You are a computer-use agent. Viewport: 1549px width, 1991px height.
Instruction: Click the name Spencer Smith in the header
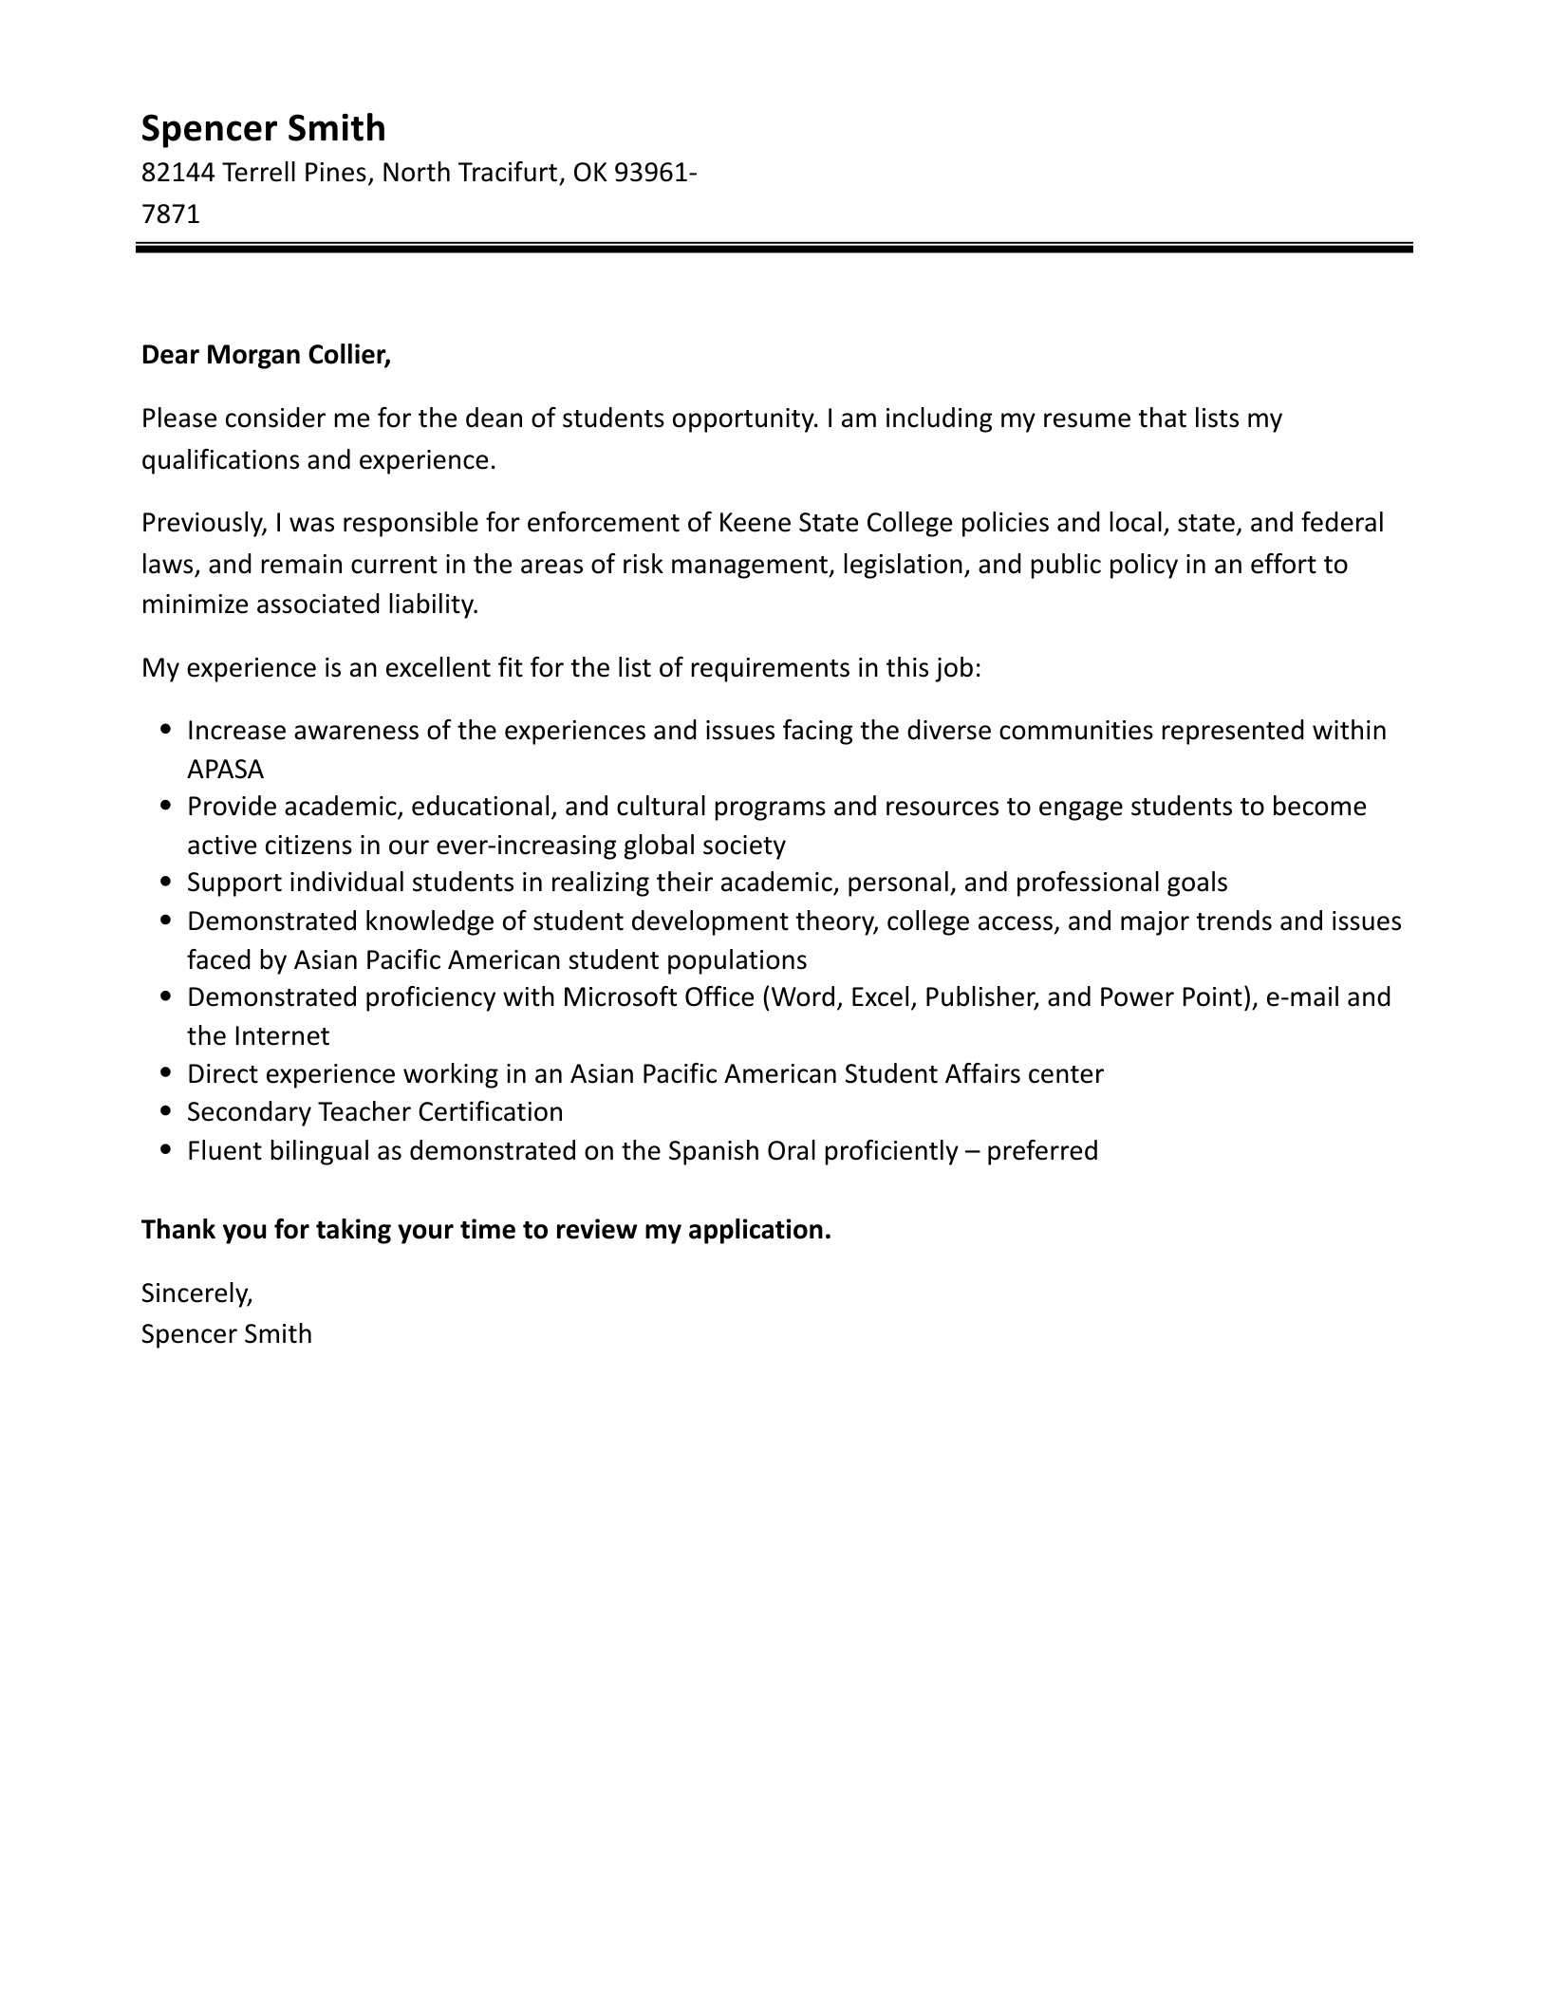point(263,128)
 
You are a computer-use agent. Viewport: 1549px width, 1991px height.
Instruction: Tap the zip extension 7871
point(170,214)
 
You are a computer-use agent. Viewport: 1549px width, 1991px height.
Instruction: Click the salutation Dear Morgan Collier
point(265,355)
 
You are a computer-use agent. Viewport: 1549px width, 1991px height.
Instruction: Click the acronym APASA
point(225,769)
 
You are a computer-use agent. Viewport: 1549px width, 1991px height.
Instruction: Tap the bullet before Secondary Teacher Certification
point(166,1111)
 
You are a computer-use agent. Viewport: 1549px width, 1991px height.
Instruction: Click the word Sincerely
point(196,1293)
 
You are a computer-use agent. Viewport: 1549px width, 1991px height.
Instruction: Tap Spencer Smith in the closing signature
point(226,1334)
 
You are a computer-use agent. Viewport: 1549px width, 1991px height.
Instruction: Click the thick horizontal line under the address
point(774,249)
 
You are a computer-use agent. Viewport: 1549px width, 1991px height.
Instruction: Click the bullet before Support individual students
point(166,883)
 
